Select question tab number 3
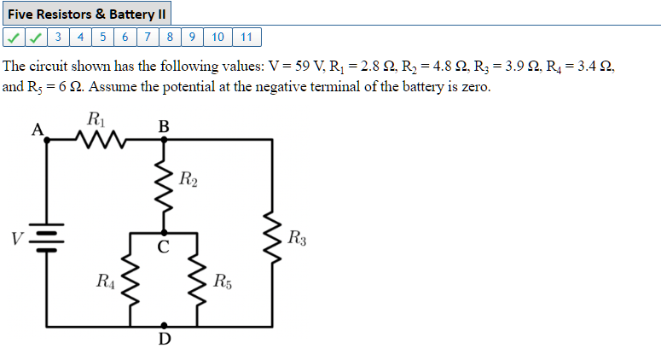58,37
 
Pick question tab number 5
103,37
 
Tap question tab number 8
171,37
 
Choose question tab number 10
217,37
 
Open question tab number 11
246,37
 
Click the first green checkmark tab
14,37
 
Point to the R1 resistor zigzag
101,138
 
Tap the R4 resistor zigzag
130,281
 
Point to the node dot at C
165,232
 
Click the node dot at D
165,326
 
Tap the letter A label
36,131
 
